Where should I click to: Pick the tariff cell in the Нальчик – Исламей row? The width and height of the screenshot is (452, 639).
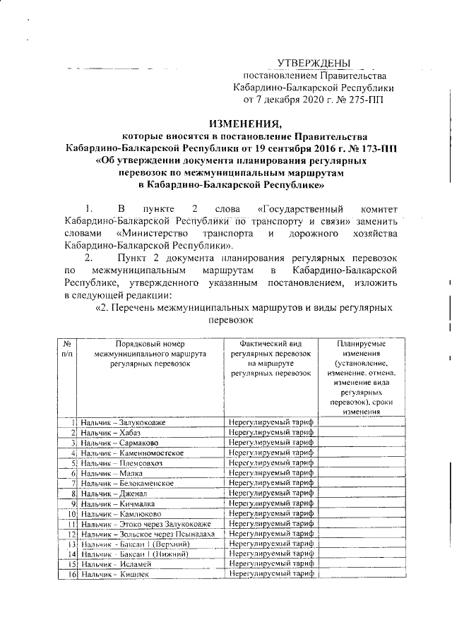tap(270, 564)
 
